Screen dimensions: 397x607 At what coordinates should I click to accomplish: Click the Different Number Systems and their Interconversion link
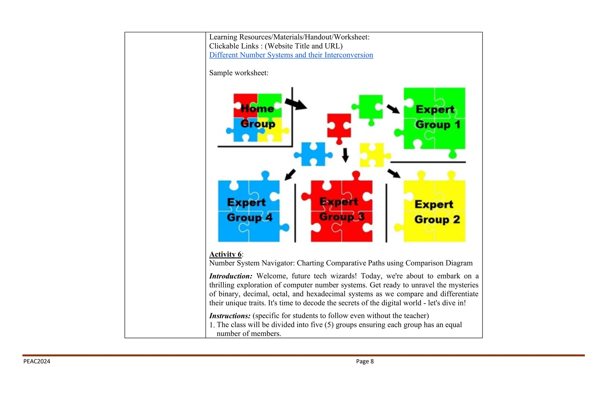coord(291,55)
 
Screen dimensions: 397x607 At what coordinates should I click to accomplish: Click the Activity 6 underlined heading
coord(225,254)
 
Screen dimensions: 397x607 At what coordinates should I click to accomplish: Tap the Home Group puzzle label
coord(258,116)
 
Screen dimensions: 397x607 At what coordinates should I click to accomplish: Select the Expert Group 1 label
coord(437,117)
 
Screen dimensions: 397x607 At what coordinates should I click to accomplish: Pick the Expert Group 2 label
coord(437,212)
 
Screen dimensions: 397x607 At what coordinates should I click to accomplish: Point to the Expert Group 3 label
coord(341,209)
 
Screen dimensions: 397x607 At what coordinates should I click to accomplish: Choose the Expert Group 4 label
coord(249,210)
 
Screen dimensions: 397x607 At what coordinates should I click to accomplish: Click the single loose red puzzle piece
coord(339,127)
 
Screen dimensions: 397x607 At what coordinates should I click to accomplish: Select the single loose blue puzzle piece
coord(313,154)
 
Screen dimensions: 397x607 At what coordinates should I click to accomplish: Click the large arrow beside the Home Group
coord(296,104)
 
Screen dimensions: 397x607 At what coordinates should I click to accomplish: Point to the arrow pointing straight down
coord(345,155)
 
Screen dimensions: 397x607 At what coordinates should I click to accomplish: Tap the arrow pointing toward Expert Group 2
coord(394,173)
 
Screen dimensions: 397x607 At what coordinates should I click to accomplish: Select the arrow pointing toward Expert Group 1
coord(393,109)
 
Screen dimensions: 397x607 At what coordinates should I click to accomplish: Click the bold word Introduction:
coord(231,276)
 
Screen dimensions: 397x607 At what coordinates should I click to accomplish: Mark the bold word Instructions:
coord(230,316)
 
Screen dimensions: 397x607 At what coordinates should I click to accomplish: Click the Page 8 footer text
coord(365,361)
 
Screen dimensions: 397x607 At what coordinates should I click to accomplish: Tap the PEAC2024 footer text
coord(37,361)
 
